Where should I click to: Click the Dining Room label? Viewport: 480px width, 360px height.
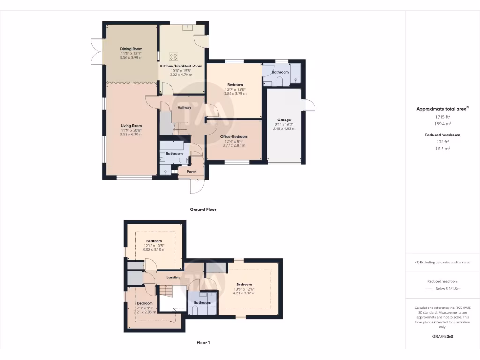pos(131,49)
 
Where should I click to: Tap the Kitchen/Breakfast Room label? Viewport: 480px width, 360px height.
pos(181,66)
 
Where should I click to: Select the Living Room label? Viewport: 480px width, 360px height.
pos(131,126)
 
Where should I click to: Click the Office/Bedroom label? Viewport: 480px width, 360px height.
pos(234,136)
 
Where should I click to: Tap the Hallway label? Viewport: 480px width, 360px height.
pos(184,107)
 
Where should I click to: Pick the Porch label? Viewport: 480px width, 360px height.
pos(192,172)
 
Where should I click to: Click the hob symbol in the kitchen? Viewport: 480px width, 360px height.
pos(173,57)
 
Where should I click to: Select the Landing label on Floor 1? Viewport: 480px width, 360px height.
pos(173,277)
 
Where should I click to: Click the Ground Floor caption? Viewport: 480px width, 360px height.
pos(203,210)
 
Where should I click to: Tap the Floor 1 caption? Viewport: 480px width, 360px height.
pos(203,343)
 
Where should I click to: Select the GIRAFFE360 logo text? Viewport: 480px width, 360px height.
pos(442,336)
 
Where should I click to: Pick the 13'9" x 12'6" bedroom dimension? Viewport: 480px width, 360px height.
pos(244,289)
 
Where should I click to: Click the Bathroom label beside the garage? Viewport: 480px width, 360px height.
pos(280,72)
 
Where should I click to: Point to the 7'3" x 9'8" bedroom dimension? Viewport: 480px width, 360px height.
pos(145,307)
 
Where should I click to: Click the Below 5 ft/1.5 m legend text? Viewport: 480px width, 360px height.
pos(448,289)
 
